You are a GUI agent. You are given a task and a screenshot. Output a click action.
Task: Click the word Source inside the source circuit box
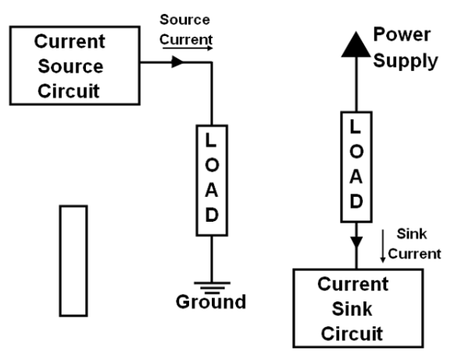[x=70, y=66]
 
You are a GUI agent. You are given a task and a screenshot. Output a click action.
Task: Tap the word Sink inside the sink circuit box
[x=352, y=309]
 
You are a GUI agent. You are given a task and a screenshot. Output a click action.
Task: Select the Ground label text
[x=211, y=301]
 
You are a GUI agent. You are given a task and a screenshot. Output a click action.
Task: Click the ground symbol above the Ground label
[x=212, y=287]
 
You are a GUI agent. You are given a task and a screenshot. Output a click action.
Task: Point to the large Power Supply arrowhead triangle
[x=356, y=45]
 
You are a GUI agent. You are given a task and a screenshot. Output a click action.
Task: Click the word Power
[x=402, y=34]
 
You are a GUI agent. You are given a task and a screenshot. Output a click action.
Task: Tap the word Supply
[x=406, y=61]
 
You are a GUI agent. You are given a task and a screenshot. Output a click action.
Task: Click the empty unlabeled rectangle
[x=73, y=261]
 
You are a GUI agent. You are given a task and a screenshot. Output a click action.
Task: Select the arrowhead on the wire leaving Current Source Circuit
[x=177, y=62]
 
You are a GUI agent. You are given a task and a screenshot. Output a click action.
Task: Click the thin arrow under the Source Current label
[x=188, y=48]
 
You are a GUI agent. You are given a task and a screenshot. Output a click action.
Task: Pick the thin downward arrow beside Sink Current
[x=383, y=246]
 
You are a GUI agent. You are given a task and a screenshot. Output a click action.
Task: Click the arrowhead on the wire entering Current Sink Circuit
[x=356, y=242]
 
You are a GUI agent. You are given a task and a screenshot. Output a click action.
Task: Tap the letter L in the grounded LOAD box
[x=210, y=140]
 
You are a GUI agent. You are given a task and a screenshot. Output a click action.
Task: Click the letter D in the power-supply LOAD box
[x=356, y=201]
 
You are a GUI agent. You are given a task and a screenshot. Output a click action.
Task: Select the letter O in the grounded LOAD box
[x=212, y=166]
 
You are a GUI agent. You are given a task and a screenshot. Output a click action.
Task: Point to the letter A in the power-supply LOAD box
[x=356, y=176]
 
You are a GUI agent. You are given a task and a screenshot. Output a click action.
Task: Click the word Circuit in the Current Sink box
[x=352, y=333]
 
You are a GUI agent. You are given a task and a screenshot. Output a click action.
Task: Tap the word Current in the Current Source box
[x=70, y=41]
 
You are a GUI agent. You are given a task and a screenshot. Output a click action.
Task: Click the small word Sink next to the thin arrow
[x=412, y=234]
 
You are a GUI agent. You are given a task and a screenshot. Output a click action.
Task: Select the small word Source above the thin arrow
[x=184, y=20]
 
